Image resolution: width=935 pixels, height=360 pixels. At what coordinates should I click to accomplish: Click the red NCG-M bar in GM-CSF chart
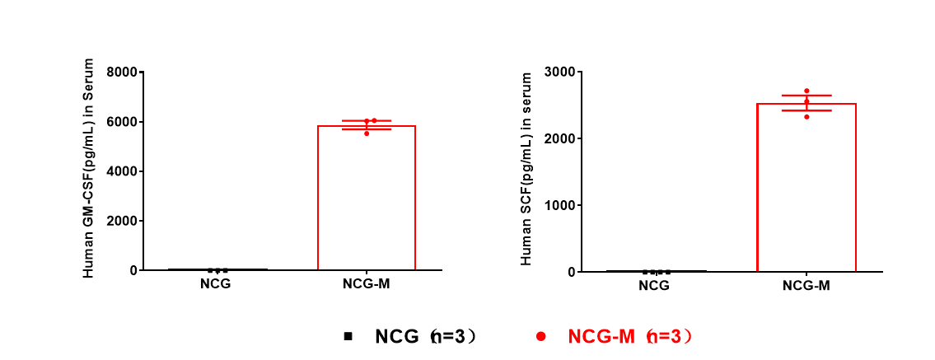pos(367,198)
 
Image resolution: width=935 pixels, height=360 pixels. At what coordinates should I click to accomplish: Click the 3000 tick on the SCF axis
pos(559,72)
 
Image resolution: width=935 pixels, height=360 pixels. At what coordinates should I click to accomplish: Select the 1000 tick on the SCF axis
pos(559,205)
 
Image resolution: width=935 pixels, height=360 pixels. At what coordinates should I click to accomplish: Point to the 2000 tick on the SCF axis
pos(559,138)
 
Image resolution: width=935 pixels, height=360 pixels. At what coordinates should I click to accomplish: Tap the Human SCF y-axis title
pos(526,169)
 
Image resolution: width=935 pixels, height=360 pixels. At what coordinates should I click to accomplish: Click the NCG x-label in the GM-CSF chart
pos(215,285)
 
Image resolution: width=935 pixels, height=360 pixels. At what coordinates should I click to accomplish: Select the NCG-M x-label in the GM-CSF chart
pos(367,285)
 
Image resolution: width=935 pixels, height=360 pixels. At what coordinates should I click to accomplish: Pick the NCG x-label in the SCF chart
pos(654,286)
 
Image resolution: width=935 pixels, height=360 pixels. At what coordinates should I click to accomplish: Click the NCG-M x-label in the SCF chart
pos(806,286)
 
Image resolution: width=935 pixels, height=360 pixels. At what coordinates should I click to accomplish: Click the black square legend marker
pos(348,336)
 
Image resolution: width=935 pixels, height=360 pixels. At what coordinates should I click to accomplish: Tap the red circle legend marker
pos(541,336)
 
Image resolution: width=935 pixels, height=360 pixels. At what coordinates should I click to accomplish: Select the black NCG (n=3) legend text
pos(425,336)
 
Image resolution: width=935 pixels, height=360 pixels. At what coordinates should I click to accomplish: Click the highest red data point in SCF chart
pos(806,91)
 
